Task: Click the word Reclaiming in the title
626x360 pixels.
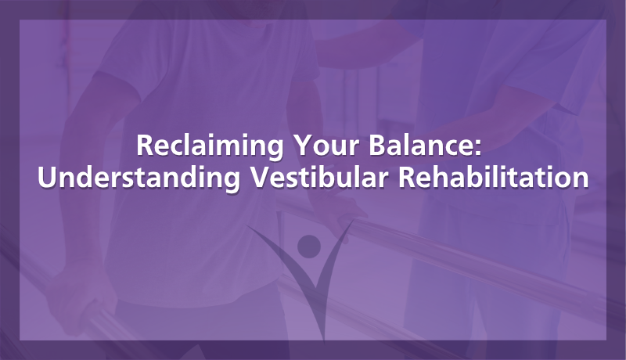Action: tap(210, 147)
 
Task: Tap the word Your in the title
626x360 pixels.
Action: tap(326, 145)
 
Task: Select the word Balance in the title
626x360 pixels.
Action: tap(420, 145)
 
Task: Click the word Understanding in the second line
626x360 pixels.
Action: tap(139, 178)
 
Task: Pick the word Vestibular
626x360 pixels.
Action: tap(319, 177)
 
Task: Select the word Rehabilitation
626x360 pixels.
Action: tap(494, 177)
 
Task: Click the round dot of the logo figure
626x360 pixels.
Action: tap(309, 247)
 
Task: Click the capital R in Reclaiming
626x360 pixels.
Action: tap(146, 145)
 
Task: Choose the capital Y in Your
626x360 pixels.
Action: tap(304, 145)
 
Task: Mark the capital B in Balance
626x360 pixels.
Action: tap(377, 145)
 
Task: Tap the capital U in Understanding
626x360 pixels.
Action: tap(47, 177)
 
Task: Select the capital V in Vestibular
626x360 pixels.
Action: tap(261, 177)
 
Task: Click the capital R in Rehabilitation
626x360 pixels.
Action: tap(408, 177)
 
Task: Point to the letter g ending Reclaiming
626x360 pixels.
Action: tap(275, 150)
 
